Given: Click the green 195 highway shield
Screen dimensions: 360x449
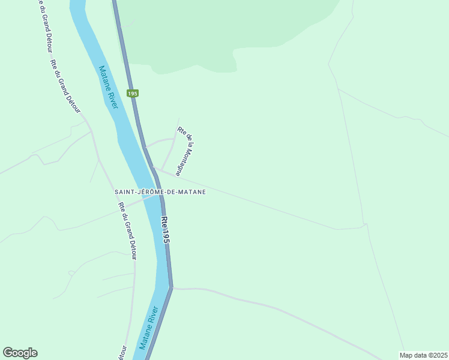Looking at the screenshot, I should point(133,94).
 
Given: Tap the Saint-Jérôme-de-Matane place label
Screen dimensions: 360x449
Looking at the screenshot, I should point(160,192).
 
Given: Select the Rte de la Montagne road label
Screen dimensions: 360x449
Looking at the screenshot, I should point(185,150).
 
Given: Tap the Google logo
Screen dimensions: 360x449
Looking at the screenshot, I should point(20,353).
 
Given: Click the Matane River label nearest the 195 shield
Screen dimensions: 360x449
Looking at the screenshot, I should point(108,87).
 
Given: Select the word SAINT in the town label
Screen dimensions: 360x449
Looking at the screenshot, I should point(125,192).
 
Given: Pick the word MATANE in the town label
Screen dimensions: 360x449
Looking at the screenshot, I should point(193,192).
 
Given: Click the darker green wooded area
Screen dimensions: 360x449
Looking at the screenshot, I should point(228,30).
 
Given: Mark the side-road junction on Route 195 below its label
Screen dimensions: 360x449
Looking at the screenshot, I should point(172,289).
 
